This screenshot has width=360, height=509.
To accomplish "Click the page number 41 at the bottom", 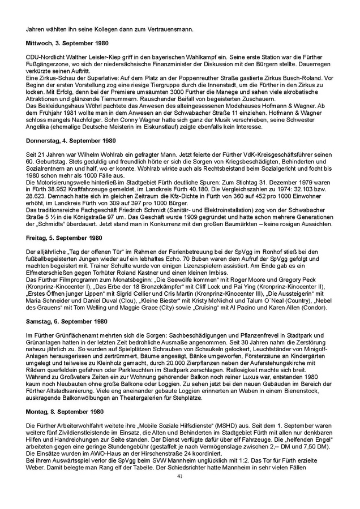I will pos(179,477).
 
